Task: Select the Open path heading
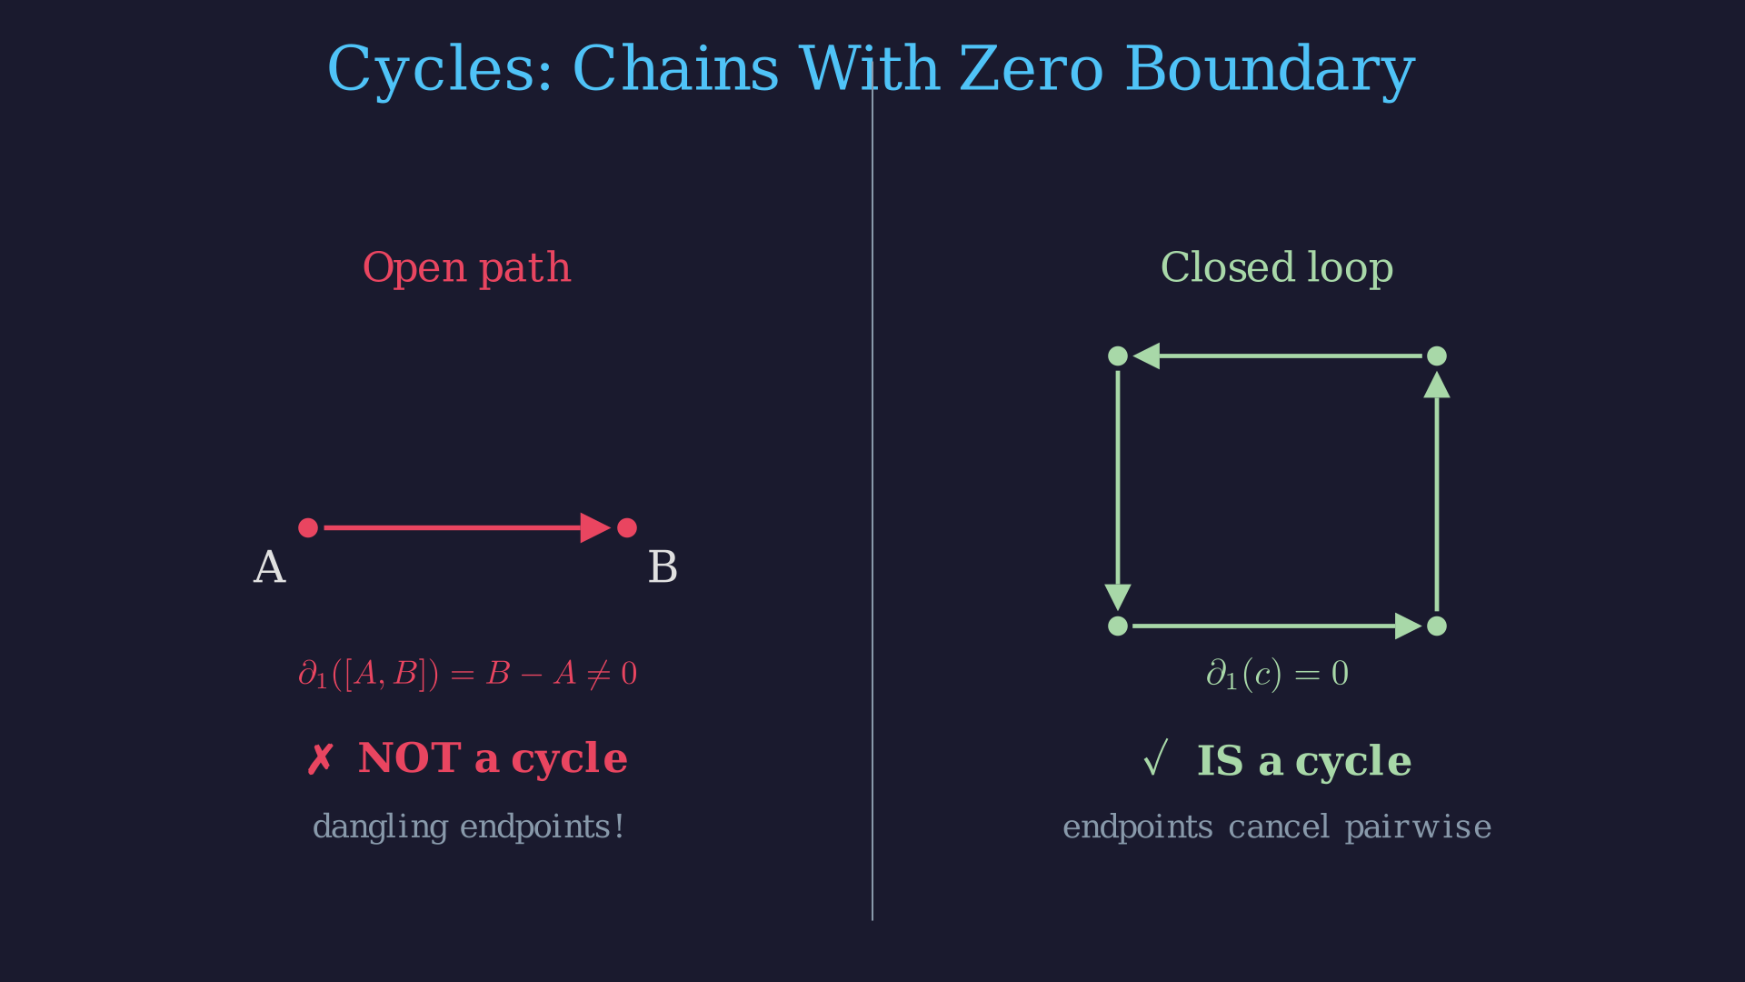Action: pos(466,268)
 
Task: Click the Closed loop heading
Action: pos(1276,268)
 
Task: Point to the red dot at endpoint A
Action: pos(308,527)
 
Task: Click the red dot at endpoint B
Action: pos(627,527)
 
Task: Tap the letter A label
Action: pos(269,568)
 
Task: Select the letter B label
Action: pos(663,568)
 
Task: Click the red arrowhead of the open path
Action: pos(595,527)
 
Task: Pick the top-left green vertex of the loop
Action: pos(1118,356)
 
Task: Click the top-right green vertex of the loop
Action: pos(1436,356)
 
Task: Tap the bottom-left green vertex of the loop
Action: pos(1118,626)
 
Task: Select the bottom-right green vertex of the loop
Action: pos(1436,626)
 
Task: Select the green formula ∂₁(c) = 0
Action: pos(1277,674)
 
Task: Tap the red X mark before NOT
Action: pos(320,759)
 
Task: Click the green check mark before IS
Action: pos(1154,759)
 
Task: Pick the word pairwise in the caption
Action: pos(1418,827)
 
